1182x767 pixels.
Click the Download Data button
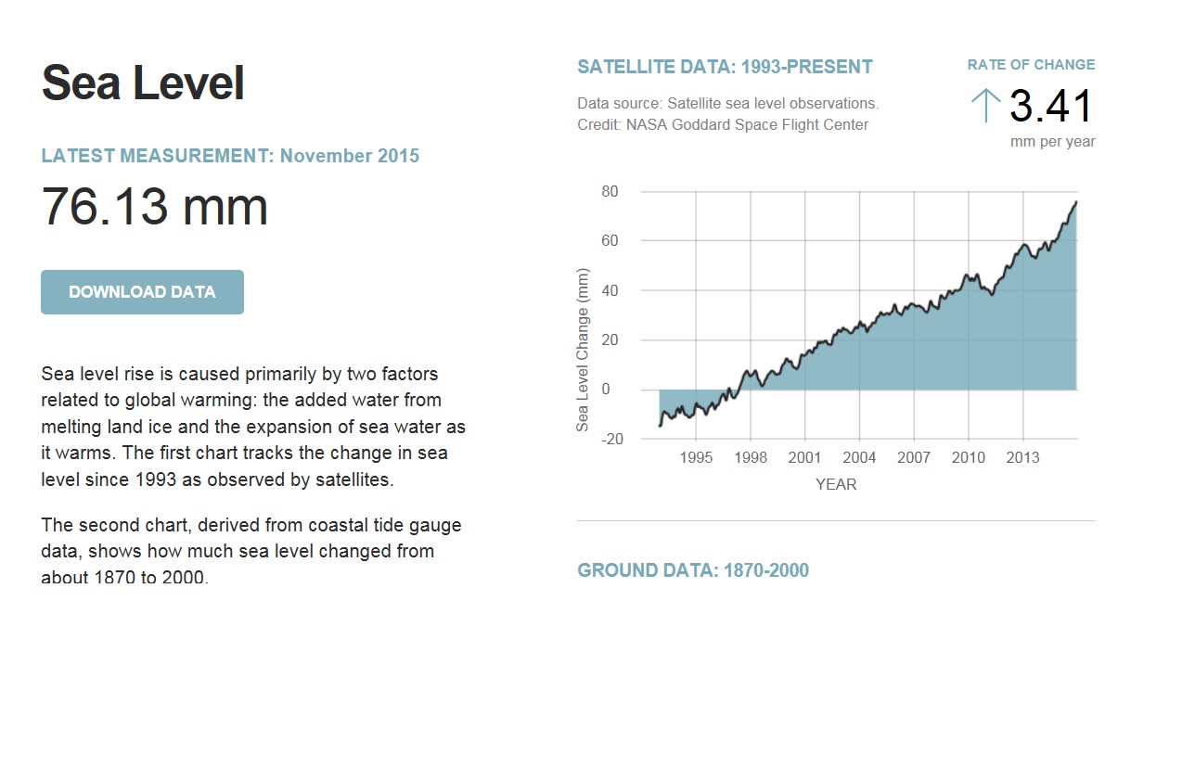click(142, 292)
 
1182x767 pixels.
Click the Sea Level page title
click(143, 83)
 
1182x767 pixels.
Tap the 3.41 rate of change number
click(1051, 107)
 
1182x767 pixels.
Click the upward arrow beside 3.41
click(985, 106)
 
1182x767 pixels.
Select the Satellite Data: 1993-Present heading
click(725, 67)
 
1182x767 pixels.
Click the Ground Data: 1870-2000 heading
click(693, 570)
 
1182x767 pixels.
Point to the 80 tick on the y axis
click(610, 192)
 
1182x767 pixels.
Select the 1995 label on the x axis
click(696, 458)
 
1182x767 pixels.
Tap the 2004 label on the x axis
click(859, 458)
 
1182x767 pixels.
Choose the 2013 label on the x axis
click(1022, 458)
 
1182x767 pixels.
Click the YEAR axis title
click(836, 484)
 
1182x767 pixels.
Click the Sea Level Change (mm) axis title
click(583, 351)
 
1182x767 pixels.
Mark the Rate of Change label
click(1031, 65)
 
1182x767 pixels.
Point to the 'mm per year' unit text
click(1052, 142)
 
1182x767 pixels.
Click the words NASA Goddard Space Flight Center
click(747, 124)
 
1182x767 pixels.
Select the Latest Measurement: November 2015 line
click(230, 156)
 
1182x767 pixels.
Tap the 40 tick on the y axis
click(610, 290)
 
